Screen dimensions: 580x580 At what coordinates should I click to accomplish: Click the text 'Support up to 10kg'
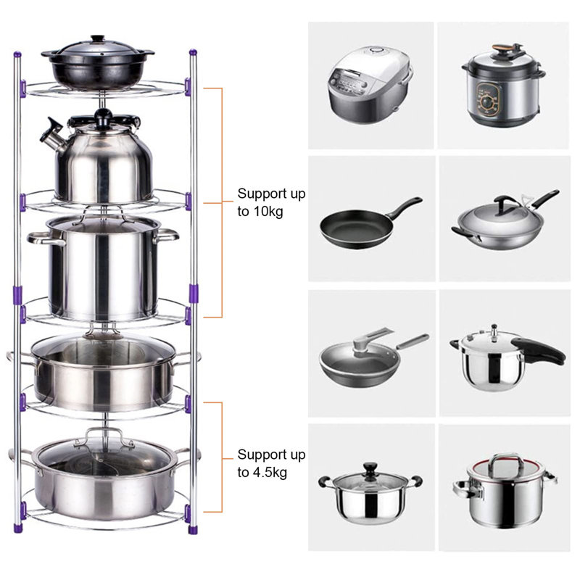(x=271, y=202)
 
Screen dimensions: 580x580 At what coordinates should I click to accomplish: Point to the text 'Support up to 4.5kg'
(x=271, y=463)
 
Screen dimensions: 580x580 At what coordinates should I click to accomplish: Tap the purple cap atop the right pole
(x=193, y=53)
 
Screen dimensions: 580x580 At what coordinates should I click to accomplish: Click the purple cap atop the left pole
(x=16, y=54)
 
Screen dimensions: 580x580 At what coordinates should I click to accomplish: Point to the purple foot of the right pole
(x=194, y=530)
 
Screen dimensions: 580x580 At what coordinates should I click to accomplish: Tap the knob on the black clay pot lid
(x=98, y=38)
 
